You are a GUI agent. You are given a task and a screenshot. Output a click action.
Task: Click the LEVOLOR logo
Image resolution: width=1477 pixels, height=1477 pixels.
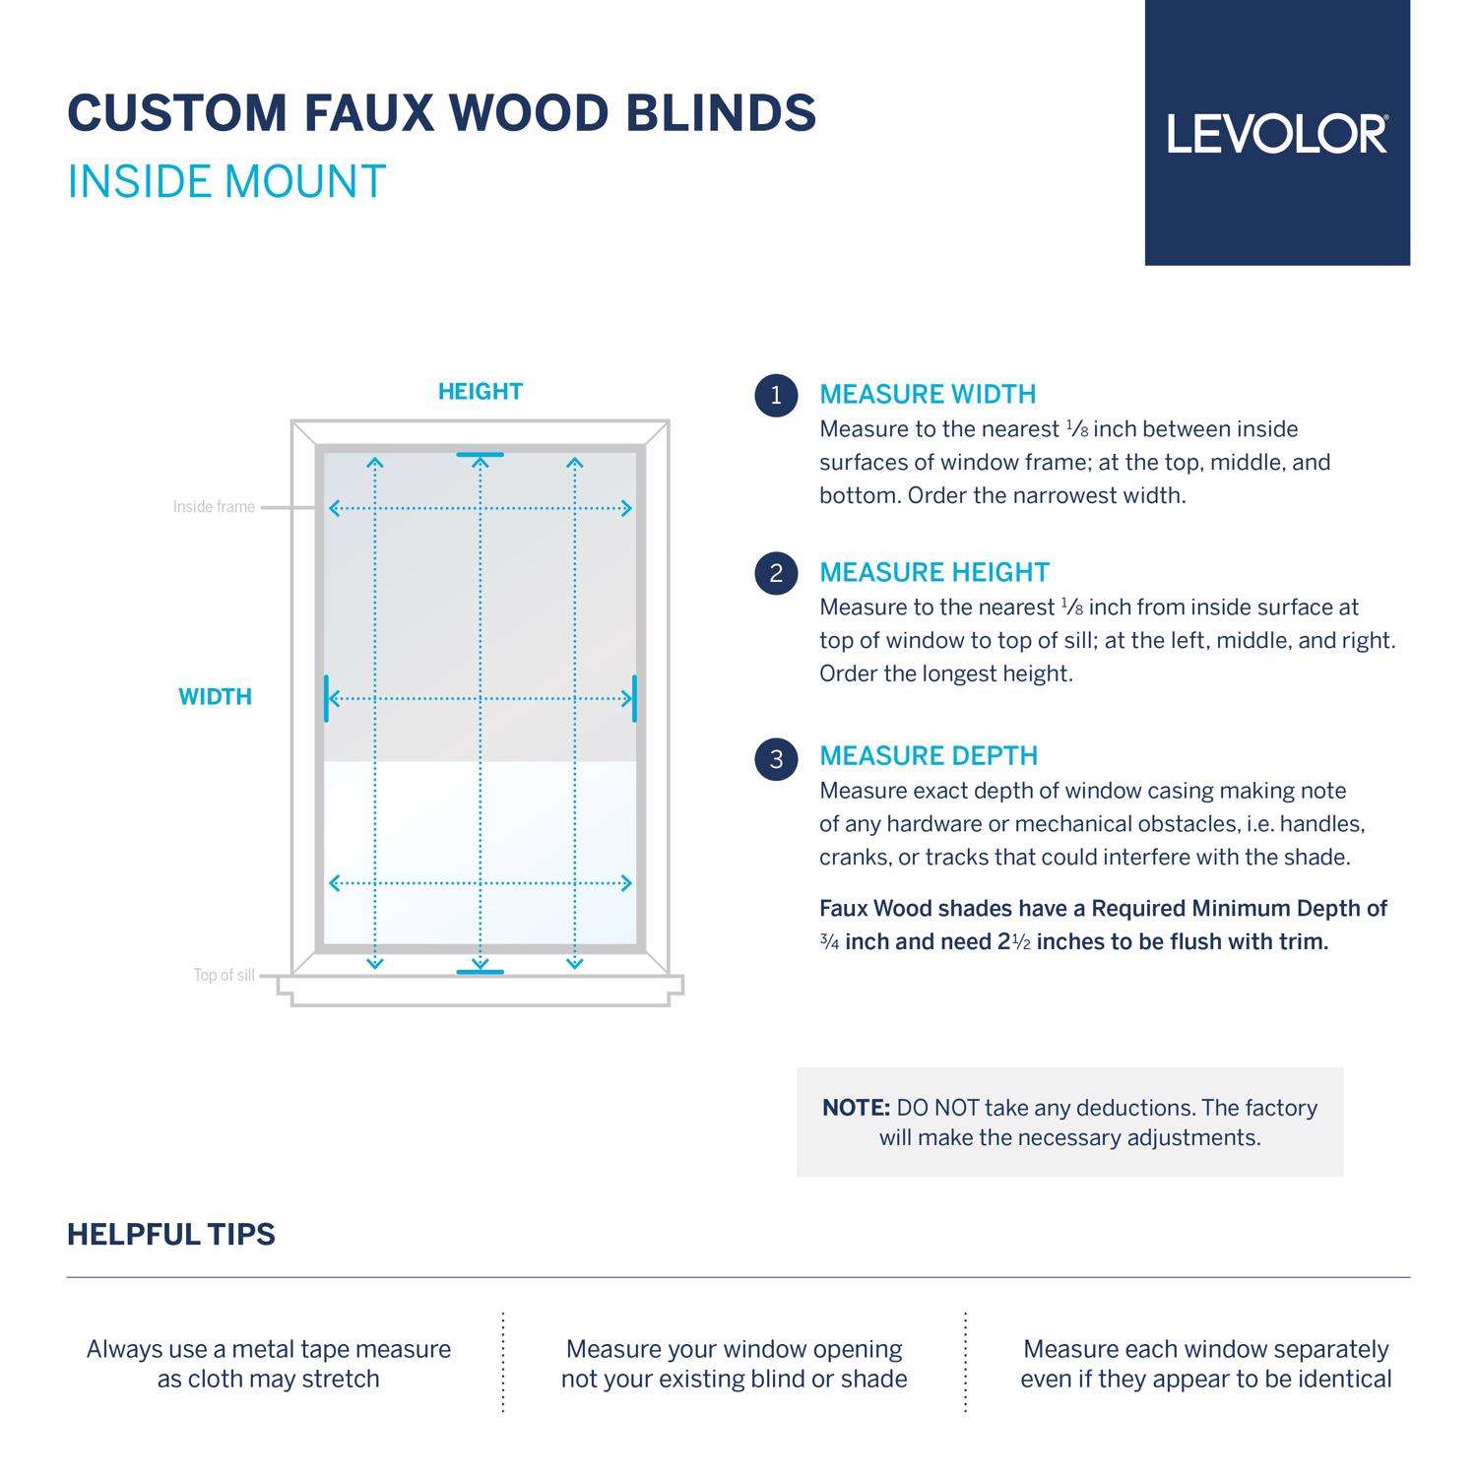(x=1277, y=134)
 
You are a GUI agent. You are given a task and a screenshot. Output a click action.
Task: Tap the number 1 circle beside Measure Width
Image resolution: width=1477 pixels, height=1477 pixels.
(x=776, y=396)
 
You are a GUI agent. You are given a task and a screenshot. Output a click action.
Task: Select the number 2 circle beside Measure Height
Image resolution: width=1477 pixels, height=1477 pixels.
(x=776, y=573)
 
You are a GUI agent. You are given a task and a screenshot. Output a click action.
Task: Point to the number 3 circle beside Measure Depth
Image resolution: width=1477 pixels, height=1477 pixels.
(x=776, y=758)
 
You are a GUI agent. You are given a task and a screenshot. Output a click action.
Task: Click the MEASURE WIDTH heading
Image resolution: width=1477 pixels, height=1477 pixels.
(x=928, y=395)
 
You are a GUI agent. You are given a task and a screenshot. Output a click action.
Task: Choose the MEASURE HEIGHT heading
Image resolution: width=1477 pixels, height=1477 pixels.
(x=934, y=573)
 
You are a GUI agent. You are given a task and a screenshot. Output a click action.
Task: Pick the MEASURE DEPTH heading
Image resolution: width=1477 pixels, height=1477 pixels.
(x=929, y=756)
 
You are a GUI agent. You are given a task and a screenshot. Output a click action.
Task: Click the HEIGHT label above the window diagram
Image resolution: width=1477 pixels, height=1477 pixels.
(x=481, y=392)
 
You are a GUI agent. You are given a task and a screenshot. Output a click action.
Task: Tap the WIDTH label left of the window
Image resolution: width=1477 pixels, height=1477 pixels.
(x=215, y=697)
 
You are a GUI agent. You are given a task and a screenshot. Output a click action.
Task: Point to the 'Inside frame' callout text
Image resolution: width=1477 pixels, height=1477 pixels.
(x=214, y=507)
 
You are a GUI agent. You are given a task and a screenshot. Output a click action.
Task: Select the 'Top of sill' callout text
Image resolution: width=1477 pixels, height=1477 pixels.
(x=224, y=976)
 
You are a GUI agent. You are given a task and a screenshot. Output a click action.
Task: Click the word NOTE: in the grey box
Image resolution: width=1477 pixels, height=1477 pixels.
(x=856, y=1108)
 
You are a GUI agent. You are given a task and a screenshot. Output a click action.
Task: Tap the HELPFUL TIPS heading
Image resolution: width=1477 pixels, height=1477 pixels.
(x=171, y=1235)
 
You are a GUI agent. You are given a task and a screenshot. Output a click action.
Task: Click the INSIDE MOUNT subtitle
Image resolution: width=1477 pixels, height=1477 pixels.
(x=226, y=182)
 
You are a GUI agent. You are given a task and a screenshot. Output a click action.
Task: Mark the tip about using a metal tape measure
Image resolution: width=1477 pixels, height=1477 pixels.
(x=269, y=1364)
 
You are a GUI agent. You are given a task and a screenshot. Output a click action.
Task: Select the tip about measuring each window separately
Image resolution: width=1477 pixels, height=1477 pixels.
(x=1206, y=1364)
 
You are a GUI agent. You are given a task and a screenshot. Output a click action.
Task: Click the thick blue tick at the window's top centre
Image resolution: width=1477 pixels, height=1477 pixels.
(x=481, y=455)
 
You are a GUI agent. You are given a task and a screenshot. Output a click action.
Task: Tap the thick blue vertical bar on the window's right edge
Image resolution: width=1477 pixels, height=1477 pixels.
(x=634, y=698)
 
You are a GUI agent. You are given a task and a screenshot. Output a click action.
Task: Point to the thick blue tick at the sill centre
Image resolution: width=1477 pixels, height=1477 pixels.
(x=481, y=973)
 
